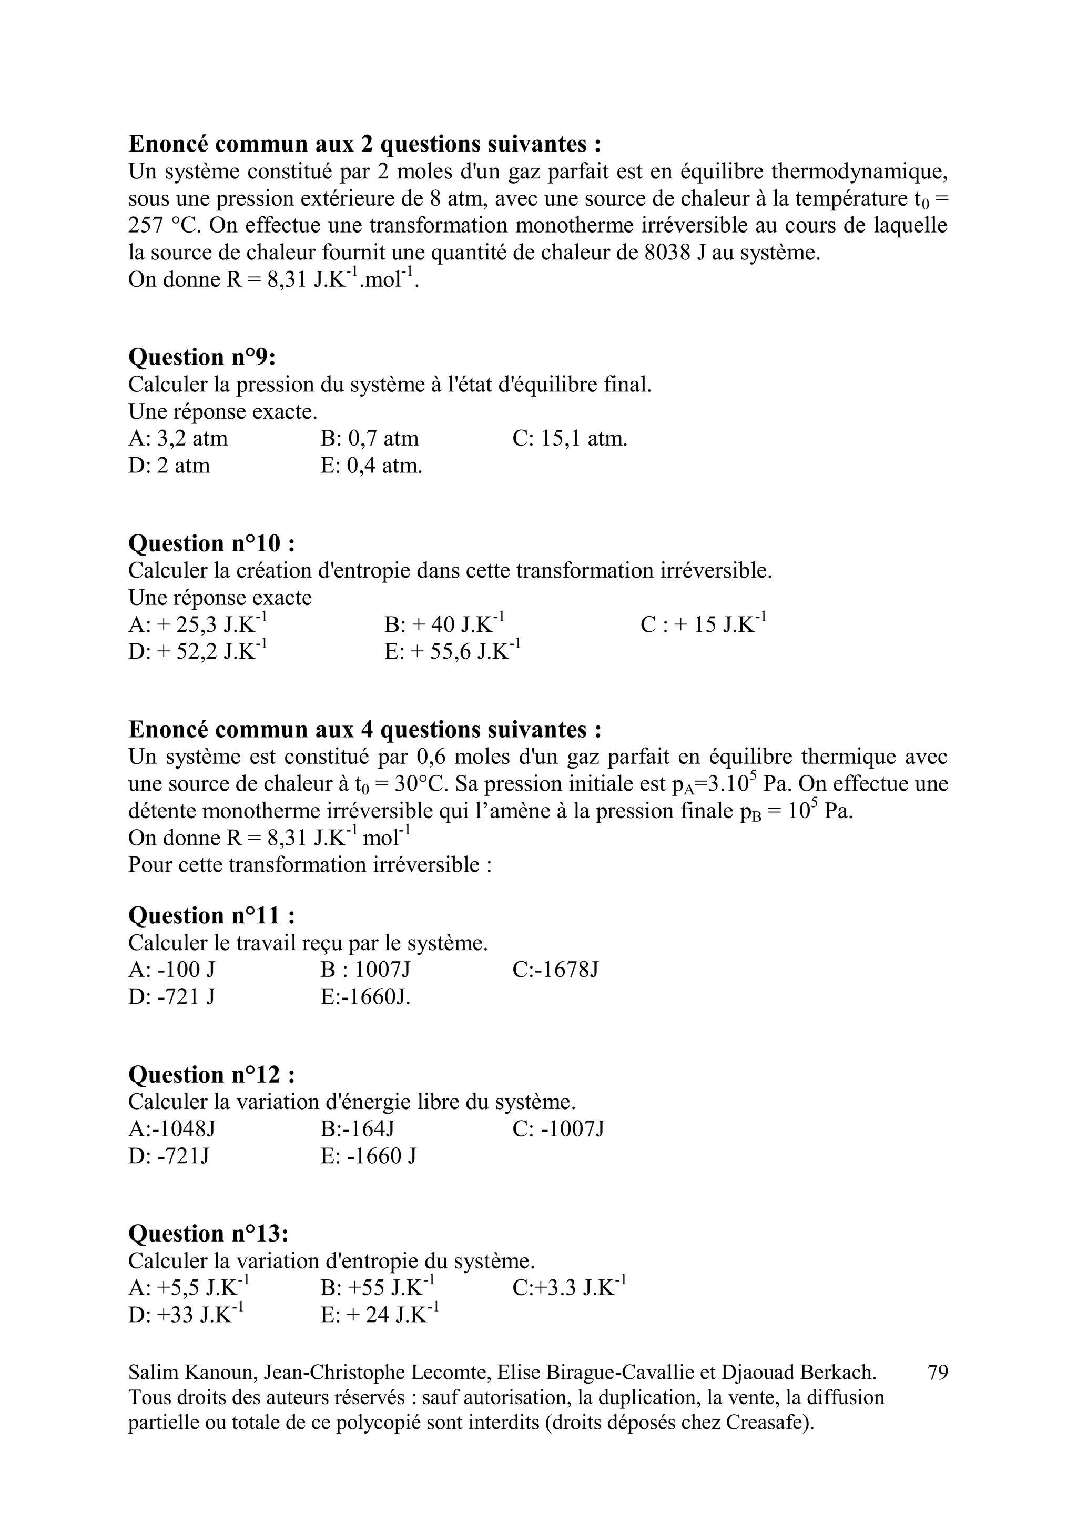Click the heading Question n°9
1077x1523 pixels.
[201, 358]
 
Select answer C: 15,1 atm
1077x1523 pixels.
[570, 438]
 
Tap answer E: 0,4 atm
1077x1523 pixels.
[371, 466]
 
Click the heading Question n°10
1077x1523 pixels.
[211, 543]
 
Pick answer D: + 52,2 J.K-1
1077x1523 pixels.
[198, 651]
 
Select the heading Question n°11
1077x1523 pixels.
[211, 915]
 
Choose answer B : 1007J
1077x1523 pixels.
[365, 970]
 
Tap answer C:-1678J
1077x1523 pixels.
[556, 970]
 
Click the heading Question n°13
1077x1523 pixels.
[208, 1234]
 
